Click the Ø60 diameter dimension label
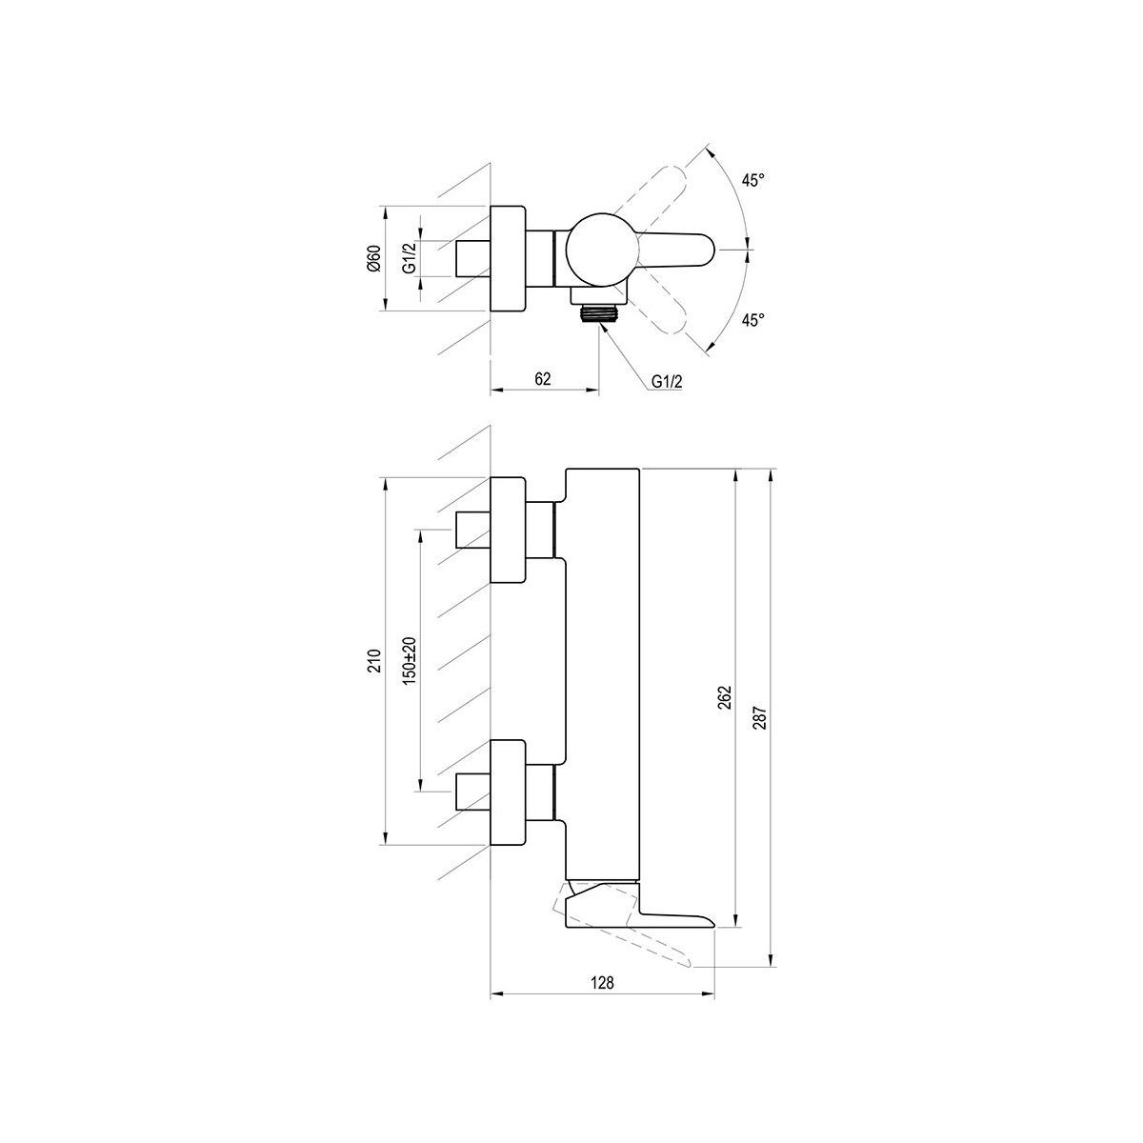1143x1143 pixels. [373, 258]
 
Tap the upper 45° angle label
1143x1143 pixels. [752, 180]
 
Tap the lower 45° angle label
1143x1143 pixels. [752, 320]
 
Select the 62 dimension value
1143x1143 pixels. [543, 378]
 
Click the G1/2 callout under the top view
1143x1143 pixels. [667, 381]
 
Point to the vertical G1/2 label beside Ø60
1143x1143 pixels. [410, 258]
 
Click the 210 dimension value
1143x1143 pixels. [374, 661]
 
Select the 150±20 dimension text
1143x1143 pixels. [410, 661]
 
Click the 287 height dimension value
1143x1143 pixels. [761, 718]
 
